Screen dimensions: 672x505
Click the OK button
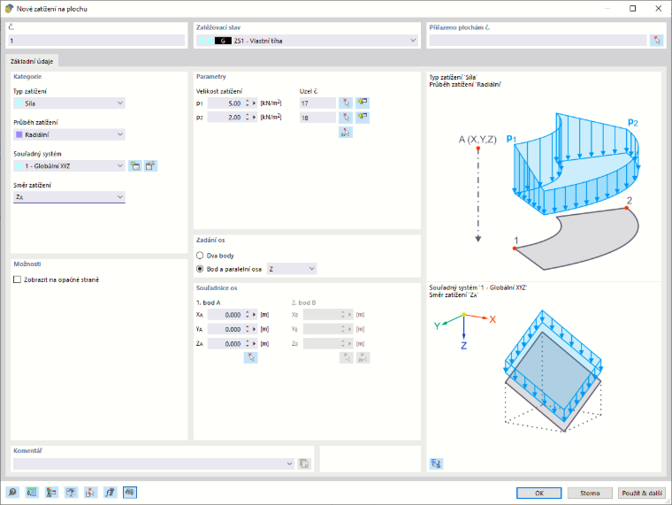click(538, 493)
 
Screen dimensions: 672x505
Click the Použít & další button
click(642, 493)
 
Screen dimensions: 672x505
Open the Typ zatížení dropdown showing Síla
click(69, 103)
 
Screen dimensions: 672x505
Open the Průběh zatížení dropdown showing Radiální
click(69, 134)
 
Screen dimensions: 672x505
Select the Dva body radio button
click(200, 256)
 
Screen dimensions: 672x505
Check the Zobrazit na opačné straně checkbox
click(17, 279)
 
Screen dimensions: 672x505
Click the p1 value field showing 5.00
click(225, 103)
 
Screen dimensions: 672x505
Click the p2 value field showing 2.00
click(225, 118)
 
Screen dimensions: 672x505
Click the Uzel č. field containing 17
click(317, 103)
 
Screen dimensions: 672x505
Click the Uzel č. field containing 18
click(317, 118)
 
